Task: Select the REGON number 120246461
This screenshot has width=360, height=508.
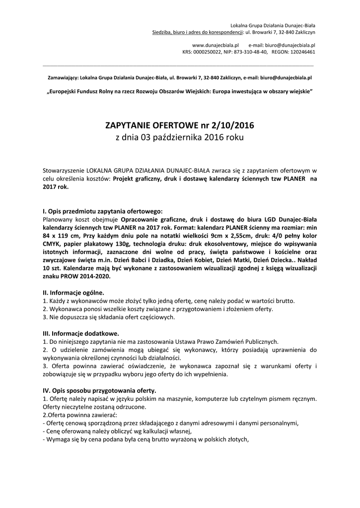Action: tap(301, 51)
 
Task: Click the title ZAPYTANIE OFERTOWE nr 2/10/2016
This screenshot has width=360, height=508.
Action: tap(180, 126)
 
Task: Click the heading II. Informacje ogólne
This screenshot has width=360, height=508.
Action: tap(74, 293)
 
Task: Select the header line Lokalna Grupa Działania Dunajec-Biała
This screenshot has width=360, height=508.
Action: tap(273, 25)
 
